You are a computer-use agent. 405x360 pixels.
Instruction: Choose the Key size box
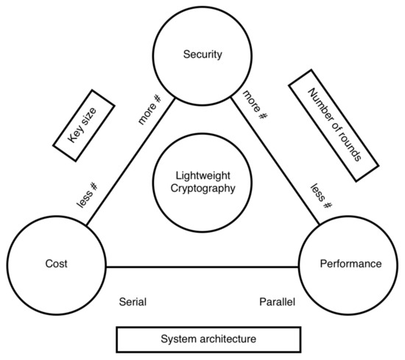coord(85,124)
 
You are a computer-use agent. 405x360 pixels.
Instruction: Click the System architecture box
coord(209,339)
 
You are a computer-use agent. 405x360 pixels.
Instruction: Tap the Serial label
coord(133,302)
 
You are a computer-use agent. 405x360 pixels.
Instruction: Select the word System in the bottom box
coord(177,339)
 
